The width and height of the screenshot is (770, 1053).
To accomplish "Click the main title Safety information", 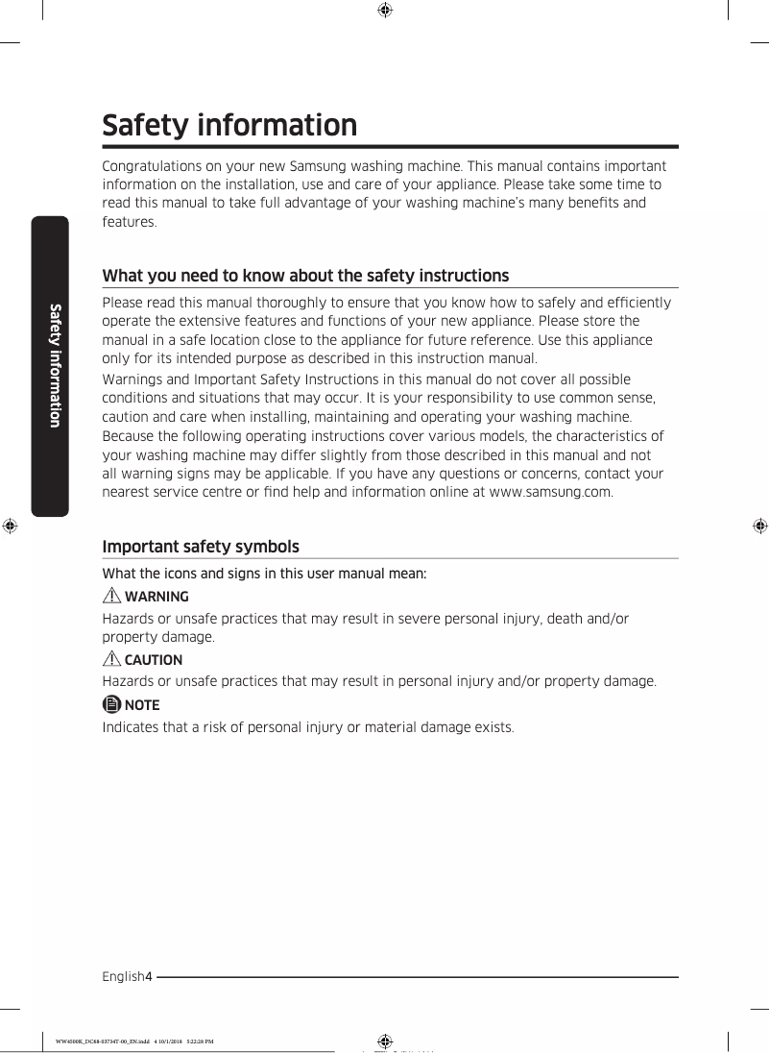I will (229, 126).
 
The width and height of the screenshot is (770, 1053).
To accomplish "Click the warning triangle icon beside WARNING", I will (111, 597).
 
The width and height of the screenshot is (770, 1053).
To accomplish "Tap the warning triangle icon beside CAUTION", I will (111, 660).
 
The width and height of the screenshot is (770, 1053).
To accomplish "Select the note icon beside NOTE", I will (111, 704).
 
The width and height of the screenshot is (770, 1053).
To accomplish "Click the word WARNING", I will (156, 597).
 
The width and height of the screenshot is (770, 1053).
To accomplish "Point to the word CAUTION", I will (154, 660).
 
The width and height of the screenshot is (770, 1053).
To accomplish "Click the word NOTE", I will (142, 704).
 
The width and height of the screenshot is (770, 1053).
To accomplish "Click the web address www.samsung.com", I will (550, 492).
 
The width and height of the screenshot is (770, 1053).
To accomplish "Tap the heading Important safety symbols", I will (201, 547).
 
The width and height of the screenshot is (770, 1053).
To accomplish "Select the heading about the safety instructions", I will (305, 276).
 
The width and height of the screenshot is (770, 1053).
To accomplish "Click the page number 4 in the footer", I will (149, 977).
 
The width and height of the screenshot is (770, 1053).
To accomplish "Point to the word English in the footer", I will (123, 977).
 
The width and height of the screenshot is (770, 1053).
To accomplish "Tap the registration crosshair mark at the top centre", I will (384, 11).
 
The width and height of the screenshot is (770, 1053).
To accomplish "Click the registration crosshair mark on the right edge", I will (758, 526).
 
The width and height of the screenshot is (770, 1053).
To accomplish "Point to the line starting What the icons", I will (264, 574).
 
